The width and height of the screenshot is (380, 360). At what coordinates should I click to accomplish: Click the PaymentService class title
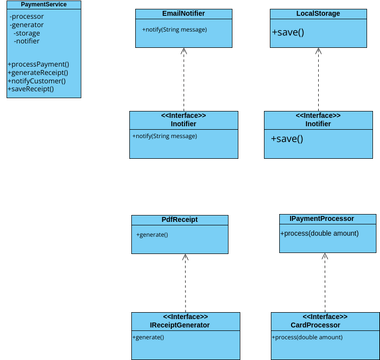coord(43,5)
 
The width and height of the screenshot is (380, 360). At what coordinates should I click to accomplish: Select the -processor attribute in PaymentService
coord(28,17)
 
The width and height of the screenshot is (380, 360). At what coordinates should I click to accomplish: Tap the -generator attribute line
coord(28,25)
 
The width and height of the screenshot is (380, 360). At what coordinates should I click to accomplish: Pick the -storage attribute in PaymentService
coord(28,33)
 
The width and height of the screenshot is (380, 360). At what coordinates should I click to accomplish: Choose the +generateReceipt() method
coord(39,72)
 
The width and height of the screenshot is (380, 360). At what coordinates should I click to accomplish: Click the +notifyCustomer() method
coord(38,81)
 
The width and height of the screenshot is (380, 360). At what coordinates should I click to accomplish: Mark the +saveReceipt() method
coord(31,89)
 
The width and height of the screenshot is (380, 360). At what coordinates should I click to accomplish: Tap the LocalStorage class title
coord(318,14)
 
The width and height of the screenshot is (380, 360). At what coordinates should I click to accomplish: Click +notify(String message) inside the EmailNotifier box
coord(175,30)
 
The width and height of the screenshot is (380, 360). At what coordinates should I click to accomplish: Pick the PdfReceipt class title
coord(179,219)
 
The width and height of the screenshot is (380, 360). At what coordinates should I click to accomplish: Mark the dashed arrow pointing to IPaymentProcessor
coord(325,282)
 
